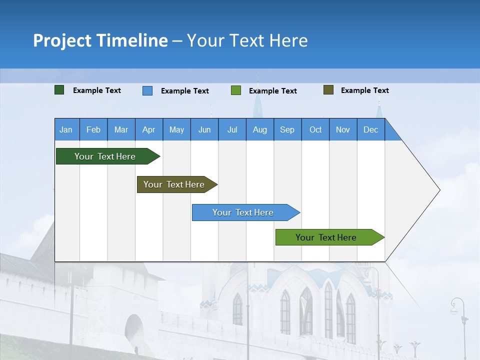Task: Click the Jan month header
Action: click(x=66, y=129)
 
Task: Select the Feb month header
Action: click(x=93, y=129)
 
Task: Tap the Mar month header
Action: click(x=121, y=129)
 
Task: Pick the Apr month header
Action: click(x=148, y=129)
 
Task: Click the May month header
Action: click(x=176, y=129)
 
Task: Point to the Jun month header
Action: click(x=204, y=129)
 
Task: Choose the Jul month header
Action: click(x=232, y=129)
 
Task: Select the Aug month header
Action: click(x=259, y=129)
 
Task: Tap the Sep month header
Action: click(x=287, y=129)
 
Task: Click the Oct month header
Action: click(x=315, y=129)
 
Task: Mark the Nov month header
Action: click(x=343, y=129)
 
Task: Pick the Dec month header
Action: click(x=370, y=129)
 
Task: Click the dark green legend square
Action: click(x=59, y=90)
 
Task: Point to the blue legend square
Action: click(x=147, y=90)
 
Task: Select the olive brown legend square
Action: click(x=328, y=90)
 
